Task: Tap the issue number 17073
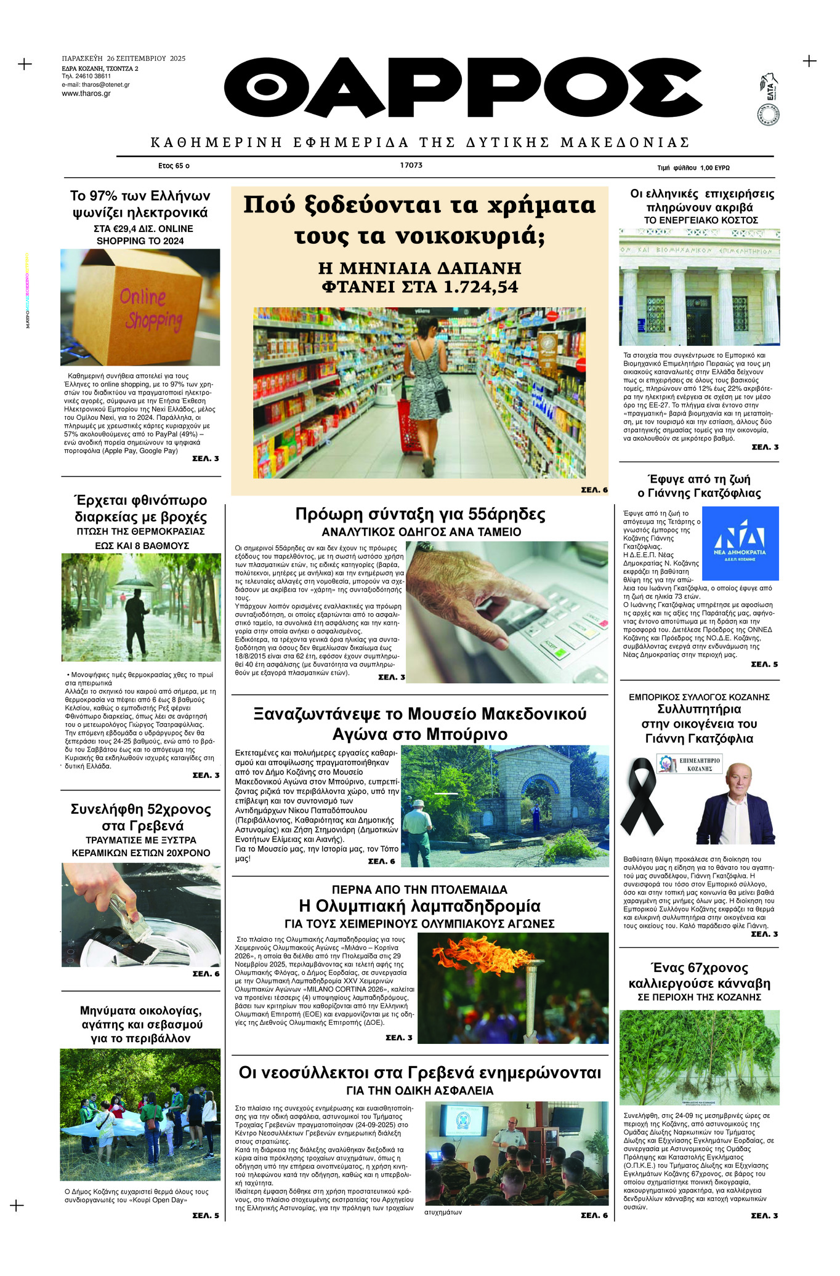[411, 166]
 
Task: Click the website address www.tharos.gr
[86, 94]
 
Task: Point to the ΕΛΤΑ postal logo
[768, 98]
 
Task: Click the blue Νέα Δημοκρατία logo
[740, 543]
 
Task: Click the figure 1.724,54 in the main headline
[481, 287]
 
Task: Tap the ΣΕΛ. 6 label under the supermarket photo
[594, 490]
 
